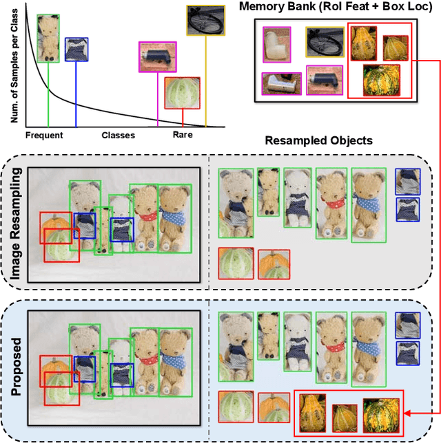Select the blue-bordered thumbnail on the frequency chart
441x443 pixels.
pos(76,50)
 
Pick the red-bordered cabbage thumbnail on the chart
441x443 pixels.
pos(183,93)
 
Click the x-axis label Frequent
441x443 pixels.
pos(44,136)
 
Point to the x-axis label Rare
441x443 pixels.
pos(183,136)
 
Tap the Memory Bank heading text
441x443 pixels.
pos(338,8)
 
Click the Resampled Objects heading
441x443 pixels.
pos(318,141)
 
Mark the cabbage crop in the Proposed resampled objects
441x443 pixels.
pos(235,408)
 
